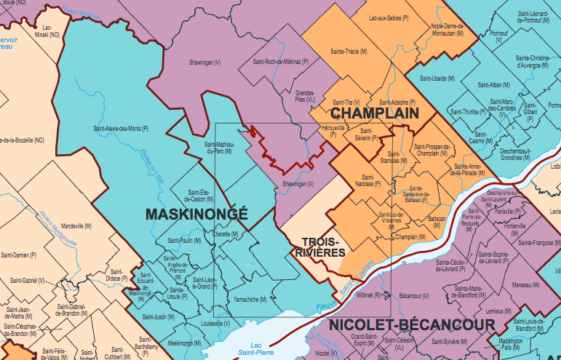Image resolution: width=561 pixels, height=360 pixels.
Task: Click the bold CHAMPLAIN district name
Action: pyautogui.click(x=375, y=114)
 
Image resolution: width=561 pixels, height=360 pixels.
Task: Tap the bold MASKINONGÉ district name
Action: pyautogui.click(x=196, y=214)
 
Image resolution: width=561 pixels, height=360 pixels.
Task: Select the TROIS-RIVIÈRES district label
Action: pyautogui.click(x=319, y=247)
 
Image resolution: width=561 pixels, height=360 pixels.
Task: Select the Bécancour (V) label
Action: pyautogui.click(x=414, y=296)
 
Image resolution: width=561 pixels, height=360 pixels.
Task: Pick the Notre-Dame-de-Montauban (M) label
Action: pyautogui.click(x=447, y=29)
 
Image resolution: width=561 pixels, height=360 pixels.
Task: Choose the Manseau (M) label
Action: pyautogui.click(x=521, y=285)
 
